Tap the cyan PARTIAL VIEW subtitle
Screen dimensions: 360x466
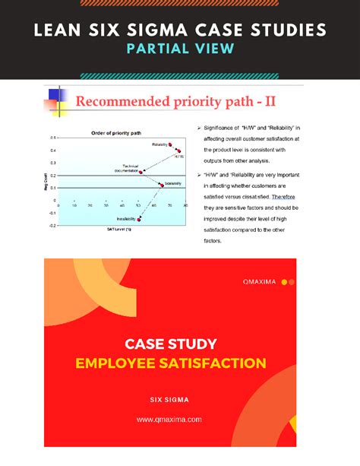point(180,49)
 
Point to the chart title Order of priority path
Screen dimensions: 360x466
point(117,132)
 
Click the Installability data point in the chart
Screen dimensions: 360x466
point(139,219)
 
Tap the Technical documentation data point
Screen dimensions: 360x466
point(141,172)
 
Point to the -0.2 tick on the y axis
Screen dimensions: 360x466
point(52,225)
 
